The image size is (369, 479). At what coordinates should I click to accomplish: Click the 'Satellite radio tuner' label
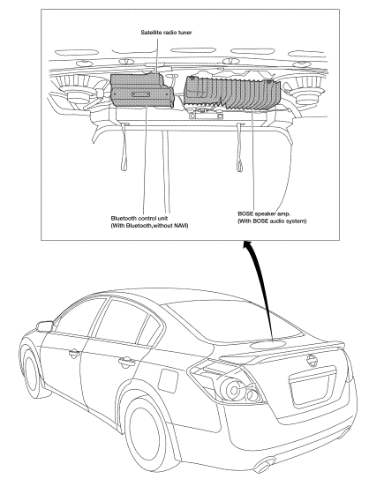166,32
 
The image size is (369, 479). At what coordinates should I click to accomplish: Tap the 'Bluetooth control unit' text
139,219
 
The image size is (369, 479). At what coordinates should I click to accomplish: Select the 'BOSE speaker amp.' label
264,213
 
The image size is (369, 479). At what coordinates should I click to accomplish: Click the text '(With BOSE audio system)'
272,221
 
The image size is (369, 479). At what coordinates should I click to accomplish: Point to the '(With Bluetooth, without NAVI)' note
149,226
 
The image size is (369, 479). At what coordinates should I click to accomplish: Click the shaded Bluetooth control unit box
142,91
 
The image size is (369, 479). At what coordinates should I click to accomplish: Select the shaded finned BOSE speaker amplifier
232,93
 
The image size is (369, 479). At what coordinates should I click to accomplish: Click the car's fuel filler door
168,380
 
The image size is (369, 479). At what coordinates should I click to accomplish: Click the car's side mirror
44,326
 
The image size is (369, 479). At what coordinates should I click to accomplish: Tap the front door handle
74,355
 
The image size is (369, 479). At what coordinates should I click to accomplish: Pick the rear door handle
126,363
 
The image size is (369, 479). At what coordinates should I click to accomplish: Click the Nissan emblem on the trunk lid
312,361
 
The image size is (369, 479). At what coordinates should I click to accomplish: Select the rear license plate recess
313,385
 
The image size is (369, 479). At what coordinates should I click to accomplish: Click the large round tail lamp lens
234,390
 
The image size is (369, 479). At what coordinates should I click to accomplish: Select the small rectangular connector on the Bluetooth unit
141,94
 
